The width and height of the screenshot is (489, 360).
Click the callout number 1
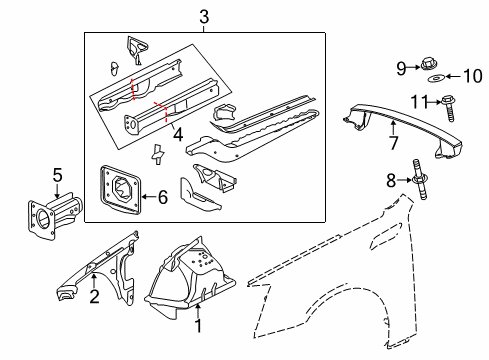197,325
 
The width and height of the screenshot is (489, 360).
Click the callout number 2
93,296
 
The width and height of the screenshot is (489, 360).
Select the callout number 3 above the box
203,17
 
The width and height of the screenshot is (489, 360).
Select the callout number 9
401,68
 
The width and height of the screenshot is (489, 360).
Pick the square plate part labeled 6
119,190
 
